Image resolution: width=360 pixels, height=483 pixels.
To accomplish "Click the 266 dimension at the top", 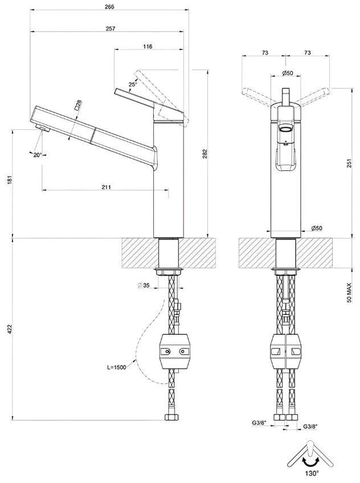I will (109, 7).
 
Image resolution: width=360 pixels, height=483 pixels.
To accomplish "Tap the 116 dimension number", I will (148, 46).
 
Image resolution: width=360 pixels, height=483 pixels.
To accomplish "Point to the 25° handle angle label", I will (133, 84).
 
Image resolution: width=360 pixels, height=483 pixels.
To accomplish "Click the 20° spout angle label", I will (38, 154).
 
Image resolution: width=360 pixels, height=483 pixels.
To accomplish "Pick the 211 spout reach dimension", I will (106, 187).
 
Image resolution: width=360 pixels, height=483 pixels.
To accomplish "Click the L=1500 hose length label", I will (117, 367).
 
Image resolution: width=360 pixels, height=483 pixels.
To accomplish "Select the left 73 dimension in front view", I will (265, 52).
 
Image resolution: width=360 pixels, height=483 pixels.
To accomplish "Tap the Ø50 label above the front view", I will (287, 73).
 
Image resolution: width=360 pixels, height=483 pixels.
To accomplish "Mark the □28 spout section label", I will (77, 104).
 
